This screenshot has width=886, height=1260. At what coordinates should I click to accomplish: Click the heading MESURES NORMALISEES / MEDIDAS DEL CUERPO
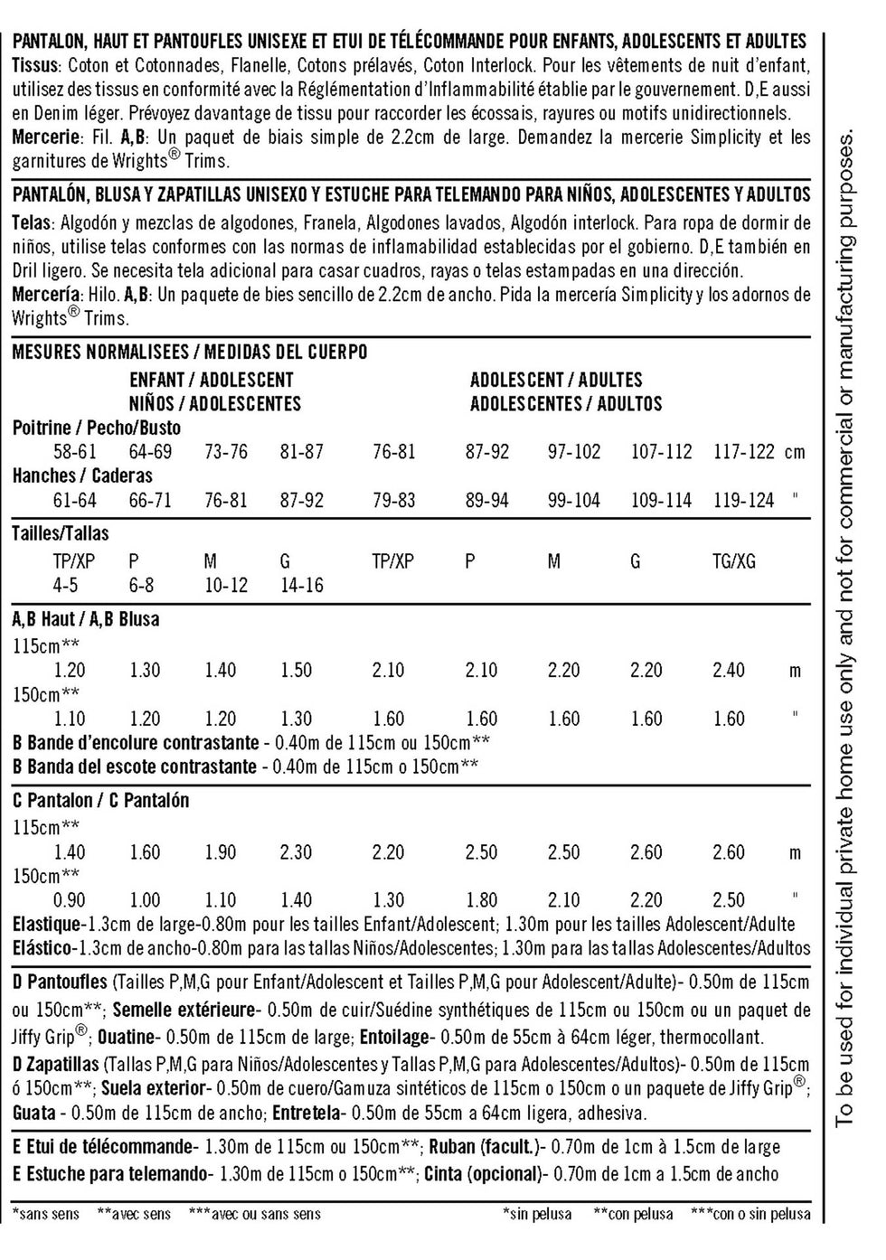click(x=190, y=352)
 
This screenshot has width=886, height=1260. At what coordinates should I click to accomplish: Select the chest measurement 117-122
click(x=744, y=451)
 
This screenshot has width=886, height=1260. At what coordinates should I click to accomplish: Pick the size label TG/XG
click(x=733, y=561)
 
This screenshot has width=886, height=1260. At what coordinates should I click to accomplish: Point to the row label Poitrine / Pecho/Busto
click(x=97, y=428)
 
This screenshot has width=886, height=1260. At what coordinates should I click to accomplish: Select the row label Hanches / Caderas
click(x=82, y=475)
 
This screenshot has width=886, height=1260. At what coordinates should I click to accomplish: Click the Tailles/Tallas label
click(x=60, y=533)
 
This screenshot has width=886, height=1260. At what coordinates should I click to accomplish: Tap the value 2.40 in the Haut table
click(x=729, y=670)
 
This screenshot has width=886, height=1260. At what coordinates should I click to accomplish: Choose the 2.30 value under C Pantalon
click(x=296, y=851)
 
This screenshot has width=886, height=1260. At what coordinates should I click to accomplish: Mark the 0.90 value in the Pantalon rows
click(x=70, y=899)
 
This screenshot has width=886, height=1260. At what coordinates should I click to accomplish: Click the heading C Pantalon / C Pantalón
click(x=101, y=800)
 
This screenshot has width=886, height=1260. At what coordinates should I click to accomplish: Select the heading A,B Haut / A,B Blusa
click(x=86, y=619)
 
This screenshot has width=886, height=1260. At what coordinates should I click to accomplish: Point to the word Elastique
click(x=46, y=924)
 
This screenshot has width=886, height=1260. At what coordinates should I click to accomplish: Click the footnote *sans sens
click(x=45, y=1214)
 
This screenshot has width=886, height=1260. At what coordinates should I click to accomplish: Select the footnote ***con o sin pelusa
click(x=750, y=1214)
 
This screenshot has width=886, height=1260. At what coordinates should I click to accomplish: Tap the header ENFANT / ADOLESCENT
click(x=211, y=380)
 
